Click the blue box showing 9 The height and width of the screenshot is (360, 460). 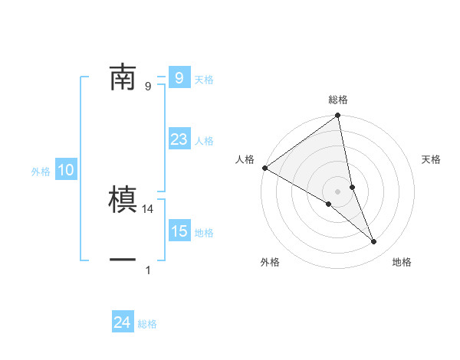179,77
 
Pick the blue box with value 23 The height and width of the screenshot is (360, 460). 179,139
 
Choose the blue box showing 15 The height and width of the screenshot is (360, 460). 179,231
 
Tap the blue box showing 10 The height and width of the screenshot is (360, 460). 66,171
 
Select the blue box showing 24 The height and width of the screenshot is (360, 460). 122,322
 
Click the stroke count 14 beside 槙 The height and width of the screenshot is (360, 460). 149,208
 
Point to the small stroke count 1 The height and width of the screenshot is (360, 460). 148,270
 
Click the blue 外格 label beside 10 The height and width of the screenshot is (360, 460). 41,172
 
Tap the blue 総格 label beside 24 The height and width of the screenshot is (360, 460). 147,324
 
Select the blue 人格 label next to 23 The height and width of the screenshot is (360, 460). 204,141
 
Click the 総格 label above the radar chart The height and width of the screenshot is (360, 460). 338,100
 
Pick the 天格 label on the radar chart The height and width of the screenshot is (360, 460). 431,159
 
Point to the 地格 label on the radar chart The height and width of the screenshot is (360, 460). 402,262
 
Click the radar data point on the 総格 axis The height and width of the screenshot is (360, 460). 338,116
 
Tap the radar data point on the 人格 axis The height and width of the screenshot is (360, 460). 264,168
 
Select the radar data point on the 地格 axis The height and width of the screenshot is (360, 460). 373,241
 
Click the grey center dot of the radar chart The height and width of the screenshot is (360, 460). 337,191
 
